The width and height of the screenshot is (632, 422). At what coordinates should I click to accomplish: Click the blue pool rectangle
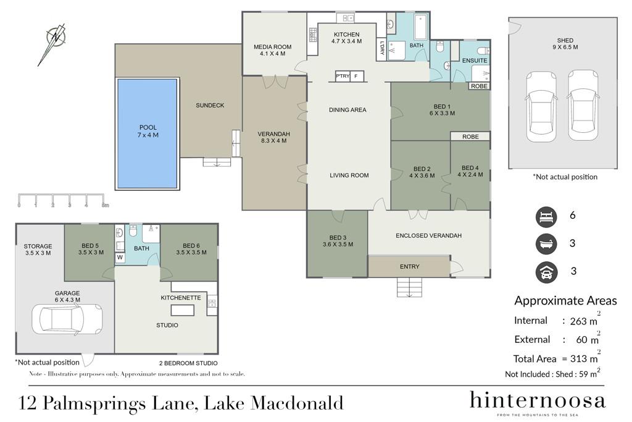(147, 133)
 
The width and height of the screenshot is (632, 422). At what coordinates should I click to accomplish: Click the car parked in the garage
(67, 319)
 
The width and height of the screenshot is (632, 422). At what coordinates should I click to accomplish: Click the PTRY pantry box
(343, 76)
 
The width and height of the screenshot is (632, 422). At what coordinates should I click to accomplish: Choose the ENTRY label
(410, 266)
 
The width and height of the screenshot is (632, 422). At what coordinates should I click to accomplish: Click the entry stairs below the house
(410, 287)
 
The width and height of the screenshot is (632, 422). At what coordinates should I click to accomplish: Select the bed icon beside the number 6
(546, 217)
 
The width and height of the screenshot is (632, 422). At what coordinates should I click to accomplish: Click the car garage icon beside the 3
(546, 272)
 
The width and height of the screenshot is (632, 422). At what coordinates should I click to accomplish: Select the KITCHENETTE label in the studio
(181, 298)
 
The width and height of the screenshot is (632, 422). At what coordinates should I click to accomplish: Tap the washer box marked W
(120, 258)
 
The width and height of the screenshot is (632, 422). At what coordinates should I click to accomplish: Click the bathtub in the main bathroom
(421, 27)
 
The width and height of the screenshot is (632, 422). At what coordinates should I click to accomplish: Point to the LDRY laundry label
(381, 48)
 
